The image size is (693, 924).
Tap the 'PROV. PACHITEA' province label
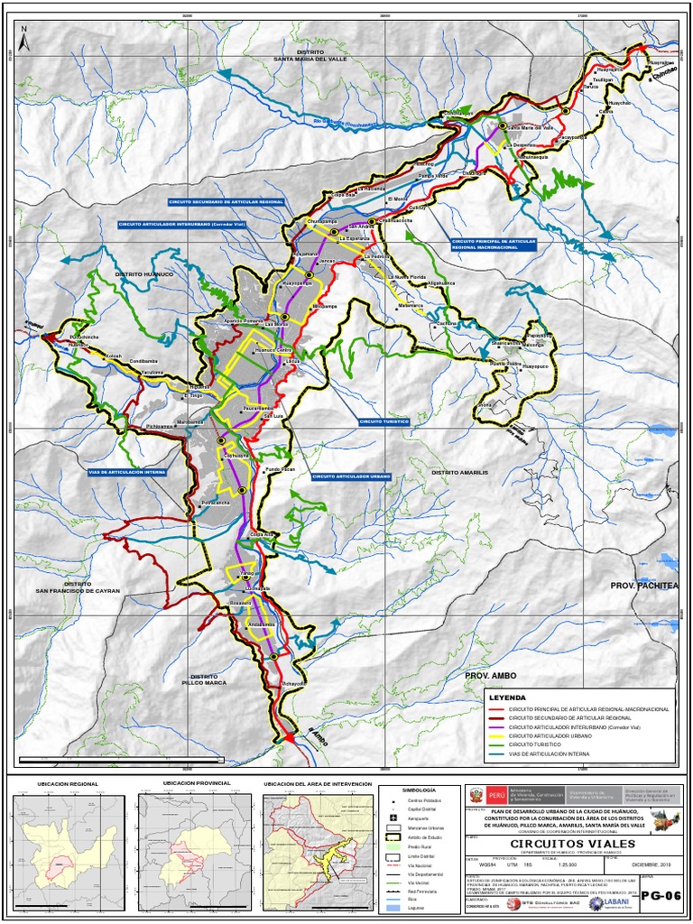[642, 586]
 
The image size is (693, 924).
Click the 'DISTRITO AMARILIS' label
[458, 472]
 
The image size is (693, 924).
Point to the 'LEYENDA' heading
[506, 698]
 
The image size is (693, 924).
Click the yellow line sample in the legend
[493, 735]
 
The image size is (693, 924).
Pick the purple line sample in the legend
[493, 727]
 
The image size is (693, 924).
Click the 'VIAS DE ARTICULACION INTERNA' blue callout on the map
[127, 471]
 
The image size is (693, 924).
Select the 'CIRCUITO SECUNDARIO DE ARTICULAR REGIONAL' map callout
[226, 203]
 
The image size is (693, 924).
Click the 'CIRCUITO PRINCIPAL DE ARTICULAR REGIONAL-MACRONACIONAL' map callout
[494, 244]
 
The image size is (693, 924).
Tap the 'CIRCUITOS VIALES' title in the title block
[566, 844]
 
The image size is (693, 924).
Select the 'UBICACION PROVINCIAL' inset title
[197, 783]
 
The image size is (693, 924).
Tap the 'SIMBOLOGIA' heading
[406, 790]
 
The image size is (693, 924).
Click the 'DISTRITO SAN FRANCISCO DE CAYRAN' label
[78, 587]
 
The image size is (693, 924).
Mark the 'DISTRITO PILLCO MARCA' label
[204, 679]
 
